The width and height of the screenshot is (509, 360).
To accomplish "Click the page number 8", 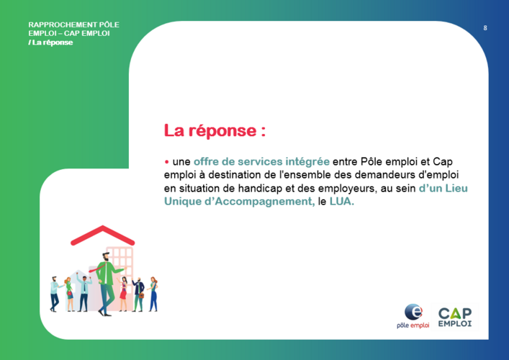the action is (485, 28).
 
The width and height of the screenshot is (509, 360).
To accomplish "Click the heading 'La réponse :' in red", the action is (215, 130).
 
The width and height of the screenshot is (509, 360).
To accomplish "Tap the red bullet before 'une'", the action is (166, 162).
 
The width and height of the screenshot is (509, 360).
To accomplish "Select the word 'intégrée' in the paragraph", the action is (307, 162).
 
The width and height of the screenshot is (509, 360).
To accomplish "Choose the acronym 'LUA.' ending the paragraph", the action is (341, 202).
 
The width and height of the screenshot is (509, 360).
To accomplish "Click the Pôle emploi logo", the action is (413, 316).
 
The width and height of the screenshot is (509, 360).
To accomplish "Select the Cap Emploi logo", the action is (455, 317).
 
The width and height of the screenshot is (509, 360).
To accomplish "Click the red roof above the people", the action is (102, 235).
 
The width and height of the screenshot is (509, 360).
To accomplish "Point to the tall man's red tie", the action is (96, 269).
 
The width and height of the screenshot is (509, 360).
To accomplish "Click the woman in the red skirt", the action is (123, 294).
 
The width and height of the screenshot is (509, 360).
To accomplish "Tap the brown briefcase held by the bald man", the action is (141, 295).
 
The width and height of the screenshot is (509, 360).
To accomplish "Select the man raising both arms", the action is (84, 293).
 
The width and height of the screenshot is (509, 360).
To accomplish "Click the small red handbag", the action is (69, 294).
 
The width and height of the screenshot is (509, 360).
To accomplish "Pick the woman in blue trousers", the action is (153, 294).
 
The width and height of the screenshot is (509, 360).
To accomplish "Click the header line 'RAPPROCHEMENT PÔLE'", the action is (73, 24).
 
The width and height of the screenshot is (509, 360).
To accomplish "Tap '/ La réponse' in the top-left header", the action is (50, 42).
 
